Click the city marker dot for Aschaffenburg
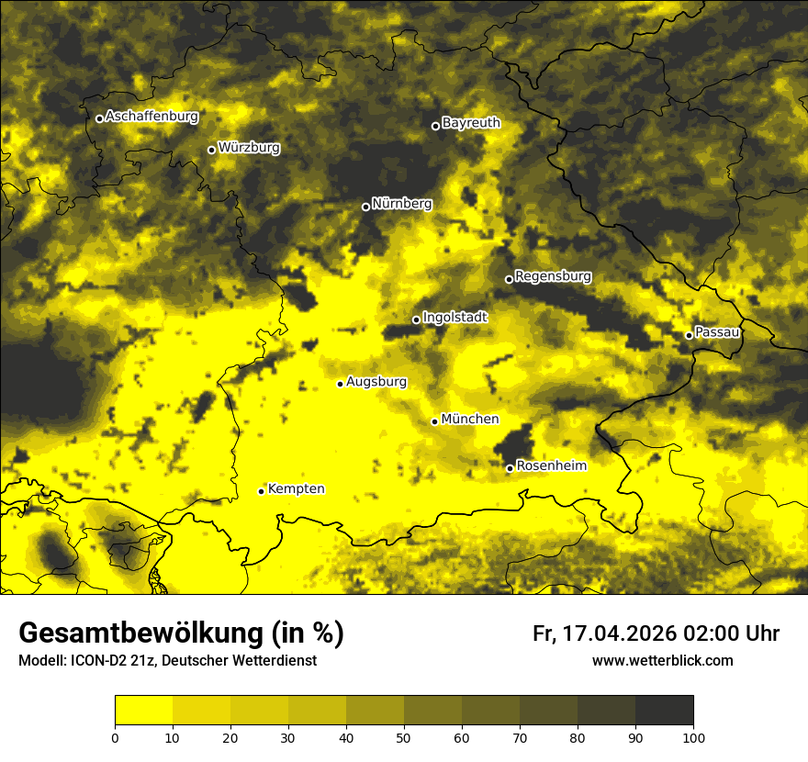click(x=99, y=118)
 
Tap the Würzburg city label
click(x=249, y=148)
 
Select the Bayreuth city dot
click(x=435, y=126)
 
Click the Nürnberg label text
click(x=401, y=204)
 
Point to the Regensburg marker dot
click(x=509, y=279)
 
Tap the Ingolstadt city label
click(x=454, y=318)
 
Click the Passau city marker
click(x=689, y=335)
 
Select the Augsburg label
click(x=376, y=382)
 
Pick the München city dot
click(x=434, y=421)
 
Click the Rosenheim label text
click(x=551, y=466)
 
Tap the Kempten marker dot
click(x=261, y=491)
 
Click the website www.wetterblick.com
click(x=662, y=660)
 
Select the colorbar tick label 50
click(x=404, y=737)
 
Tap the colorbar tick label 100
click(x=693, y=737)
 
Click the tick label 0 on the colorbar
click(x=115, y=737)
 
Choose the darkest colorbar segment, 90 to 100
click(x=664, y=711)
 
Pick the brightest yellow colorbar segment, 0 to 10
click(x=143, y=711)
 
